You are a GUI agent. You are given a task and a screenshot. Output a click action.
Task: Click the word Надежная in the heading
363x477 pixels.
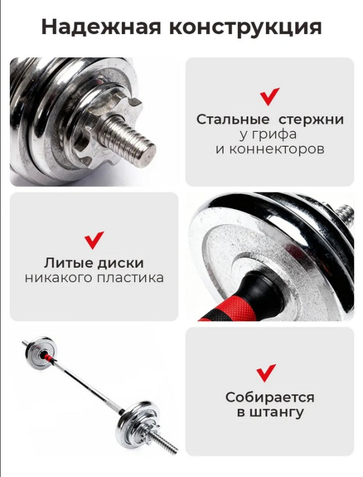pos(101,27)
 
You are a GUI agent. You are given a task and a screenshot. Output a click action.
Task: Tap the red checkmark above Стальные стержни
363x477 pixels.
pos(270,96)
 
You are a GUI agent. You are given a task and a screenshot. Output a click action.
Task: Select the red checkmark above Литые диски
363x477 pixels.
pos(94,240)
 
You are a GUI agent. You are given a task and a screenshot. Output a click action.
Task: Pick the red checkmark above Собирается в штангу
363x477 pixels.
pos(266,373)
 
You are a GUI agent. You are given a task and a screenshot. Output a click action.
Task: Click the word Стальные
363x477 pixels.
pos(232,119)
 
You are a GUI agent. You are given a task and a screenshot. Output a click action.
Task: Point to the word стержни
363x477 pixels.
pos(311,120)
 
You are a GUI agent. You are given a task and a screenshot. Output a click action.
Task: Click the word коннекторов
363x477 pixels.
pos(270,149)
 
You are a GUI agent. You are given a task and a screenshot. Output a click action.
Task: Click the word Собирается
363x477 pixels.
pos(270,397)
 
